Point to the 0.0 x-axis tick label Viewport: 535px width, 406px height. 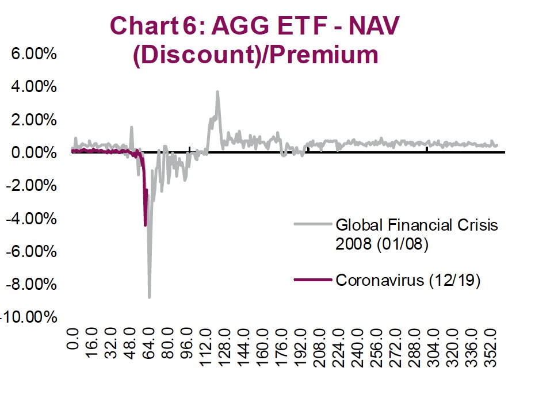point(72,350)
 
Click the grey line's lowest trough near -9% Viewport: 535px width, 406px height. point(150,297)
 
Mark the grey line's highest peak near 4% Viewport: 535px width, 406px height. point(217,91)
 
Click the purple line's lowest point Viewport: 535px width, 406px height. point(145,225)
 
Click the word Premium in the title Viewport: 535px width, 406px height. point(324,55)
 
